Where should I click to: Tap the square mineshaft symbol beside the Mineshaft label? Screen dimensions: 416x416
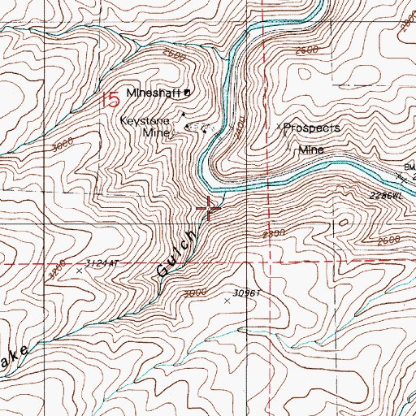pyautogui.click(x=188, y=93)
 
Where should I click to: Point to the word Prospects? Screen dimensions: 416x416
pyautogui.click(x=312, y=128)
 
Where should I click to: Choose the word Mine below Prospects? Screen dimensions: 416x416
pyautogui.click(x=311, y=149)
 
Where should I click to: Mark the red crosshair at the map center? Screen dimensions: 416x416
pyautogui.click(x=209, y=208)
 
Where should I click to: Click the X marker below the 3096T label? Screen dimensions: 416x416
pyautogui.click(x=227, y=300)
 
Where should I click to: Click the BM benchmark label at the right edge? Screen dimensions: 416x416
pyautogui.click(x=408, y=166)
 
